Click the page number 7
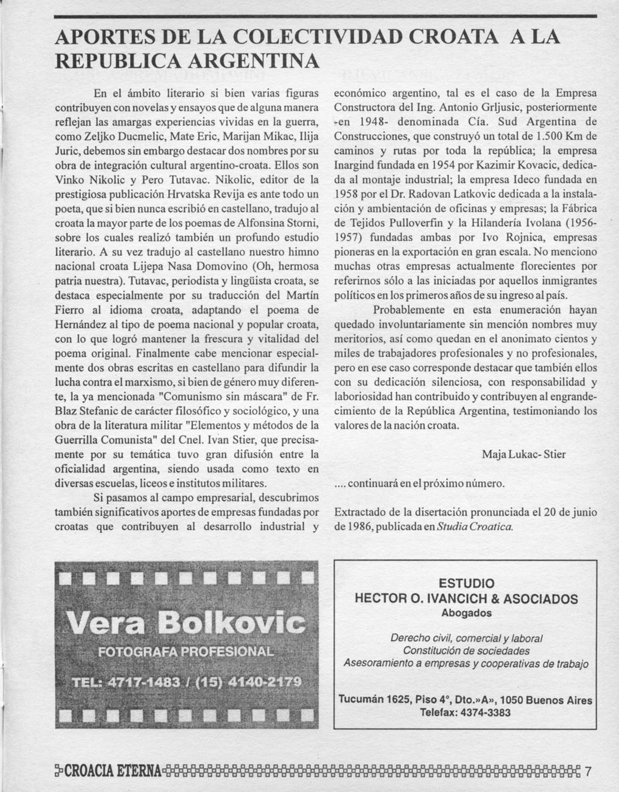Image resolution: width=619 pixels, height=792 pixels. point(588,772)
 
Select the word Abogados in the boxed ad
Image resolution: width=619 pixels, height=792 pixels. point(466,613)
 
